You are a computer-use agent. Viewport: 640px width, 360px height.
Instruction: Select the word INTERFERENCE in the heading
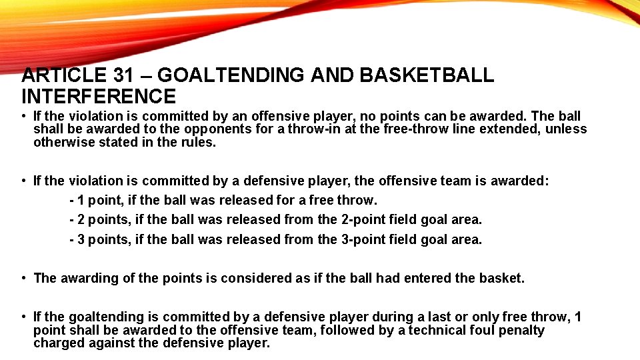point(99,97)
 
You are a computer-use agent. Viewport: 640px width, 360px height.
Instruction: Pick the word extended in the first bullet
point(513,129)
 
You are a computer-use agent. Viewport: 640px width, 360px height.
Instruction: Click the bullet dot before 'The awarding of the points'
point(24,278)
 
